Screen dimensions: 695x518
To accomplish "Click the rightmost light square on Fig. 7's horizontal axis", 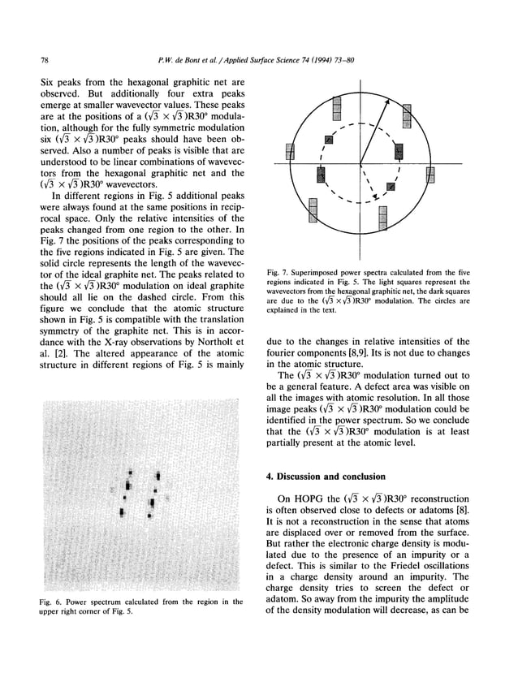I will coord(430,174).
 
